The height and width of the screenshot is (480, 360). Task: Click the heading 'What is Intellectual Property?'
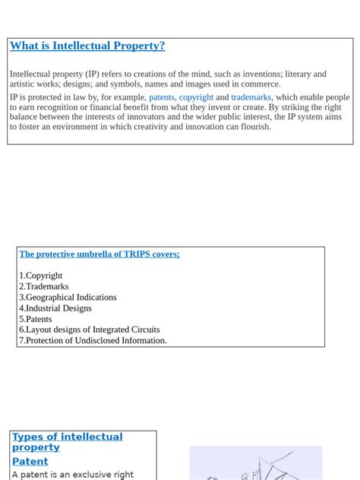coord(87,46)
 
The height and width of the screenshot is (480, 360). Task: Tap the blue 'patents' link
coord(162,98)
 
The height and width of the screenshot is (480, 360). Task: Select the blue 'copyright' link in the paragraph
coord(196,98)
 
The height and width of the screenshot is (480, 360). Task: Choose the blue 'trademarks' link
coord(251,98)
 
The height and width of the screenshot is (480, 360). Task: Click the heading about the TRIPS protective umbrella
coord(99,254)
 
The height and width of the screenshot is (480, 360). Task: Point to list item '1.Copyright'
coord(41,276)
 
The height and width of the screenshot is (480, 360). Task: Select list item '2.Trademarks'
coord(44,286)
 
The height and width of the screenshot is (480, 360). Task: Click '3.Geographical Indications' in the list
coord(68,298)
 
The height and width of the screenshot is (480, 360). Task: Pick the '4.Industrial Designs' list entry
coord(55,308)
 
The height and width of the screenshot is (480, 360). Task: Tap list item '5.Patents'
coord(36,319)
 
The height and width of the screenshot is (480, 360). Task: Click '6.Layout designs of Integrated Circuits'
coord(90,330)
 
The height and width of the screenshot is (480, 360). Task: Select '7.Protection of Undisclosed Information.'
coord(93,341)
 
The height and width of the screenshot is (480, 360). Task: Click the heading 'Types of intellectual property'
coord(67,442)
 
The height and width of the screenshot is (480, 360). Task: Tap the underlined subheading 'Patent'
coord(30,461)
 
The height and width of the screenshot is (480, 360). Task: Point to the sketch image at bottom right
coord(255,463)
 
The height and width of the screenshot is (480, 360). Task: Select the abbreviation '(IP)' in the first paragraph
coord(92,74)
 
